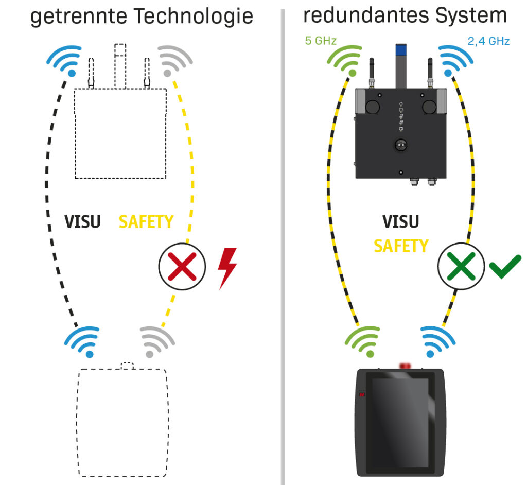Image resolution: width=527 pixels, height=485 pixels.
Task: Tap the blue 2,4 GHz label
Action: [489, 41]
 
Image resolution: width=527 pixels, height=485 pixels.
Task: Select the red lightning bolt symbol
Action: [227, 268]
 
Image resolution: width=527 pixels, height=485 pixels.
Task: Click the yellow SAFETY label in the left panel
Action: [146, 221]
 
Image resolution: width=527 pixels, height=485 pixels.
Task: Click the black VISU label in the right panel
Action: [400, 221]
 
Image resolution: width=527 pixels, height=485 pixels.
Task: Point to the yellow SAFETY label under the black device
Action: [400, 246]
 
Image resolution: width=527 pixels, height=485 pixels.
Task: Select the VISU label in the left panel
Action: [82, 221]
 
